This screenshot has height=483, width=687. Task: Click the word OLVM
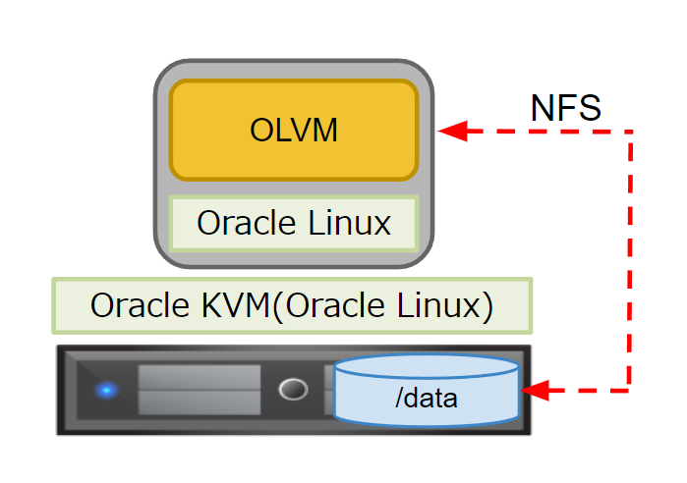click(294, 131)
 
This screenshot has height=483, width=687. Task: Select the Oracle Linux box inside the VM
click(294, 223)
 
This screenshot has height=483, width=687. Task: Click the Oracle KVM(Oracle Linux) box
click(292, 304)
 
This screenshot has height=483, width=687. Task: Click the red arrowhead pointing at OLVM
click(451, 131)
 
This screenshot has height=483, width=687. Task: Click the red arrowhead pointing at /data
click(534, 391)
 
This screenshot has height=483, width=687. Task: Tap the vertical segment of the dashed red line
click(630, 260)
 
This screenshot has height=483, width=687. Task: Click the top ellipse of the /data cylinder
click(426, 367)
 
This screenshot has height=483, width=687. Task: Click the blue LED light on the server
click(106, 390)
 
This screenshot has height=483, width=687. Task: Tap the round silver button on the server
click(292, 390)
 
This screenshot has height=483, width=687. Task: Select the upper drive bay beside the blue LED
click(199, 377)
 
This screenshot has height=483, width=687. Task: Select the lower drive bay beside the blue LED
click(199, 402)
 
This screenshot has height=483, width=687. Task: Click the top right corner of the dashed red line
click(630, 131)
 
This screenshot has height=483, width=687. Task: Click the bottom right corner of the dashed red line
click(630, 391)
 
